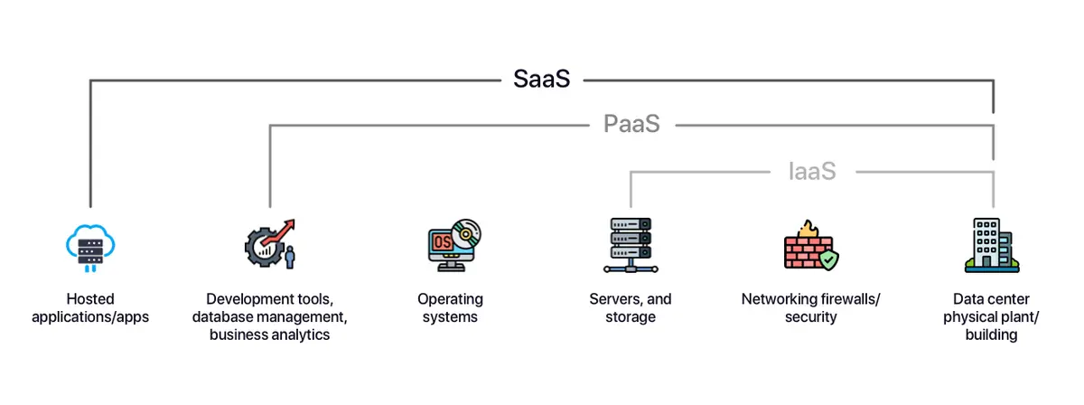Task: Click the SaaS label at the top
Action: click(542, 80)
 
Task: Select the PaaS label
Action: click(631, 124)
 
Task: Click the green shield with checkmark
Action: click(827, 259)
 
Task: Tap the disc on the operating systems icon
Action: click(467, 232)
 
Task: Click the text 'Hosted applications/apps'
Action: click(90, 307)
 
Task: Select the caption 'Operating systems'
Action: click(450, 307)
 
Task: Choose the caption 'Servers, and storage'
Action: click(630, 307)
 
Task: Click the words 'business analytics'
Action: click(269, 334)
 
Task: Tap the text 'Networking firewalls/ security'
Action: click(810, 307)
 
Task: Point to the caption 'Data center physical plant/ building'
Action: click(991, 316)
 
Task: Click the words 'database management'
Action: click(269, 316)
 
